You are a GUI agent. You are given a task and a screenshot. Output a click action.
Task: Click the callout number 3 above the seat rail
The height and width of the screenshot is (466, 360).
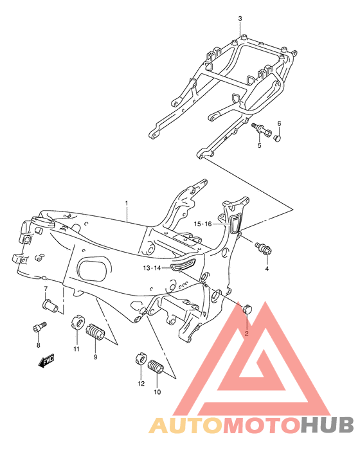click(x=240, y=18)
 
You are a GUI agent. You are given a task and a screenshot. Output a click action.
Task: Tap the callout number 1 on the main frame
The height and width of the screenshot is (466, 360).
click(x=127, y=204)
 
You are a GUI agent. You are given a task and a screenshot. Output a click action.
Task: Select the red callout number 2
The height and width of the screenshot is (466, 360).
click(x=245, y=333)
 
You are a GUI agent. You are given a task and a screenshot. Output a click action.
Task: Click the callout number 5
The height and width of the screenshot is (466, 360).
click(x=260, y=146)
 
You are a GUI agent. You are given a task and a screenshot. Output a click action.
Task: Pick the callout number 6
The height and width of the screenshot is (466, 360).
click(x=279, y=123)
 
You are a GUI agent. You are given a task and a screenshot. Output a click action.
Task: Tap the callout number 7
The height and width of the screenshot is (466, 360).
click(x=46, y=288)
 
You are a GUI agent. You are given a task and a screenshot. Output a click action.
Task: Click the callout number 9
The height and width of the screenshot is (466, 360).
click(x=95, y=357)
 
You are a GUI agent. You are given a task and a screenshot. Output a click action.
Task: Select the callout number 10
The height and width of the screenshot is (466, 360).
click(x=156, y=391)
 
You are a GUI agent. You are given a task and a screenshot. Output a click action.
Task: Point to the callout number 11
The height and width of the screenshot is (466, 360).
click(x=76, y=348)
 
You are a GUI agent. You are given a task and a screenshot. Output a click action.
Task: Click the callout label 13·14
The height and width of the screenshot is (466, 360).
click(x=152, y=268)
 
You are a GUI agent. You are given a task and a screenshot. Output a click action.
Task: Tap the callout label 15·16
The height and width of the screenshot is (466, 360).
click(x=203, y=224)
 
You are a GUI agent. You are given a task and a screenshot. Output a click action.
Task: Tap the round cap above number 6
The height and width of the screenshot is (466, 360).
click(x=278, y=136)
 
